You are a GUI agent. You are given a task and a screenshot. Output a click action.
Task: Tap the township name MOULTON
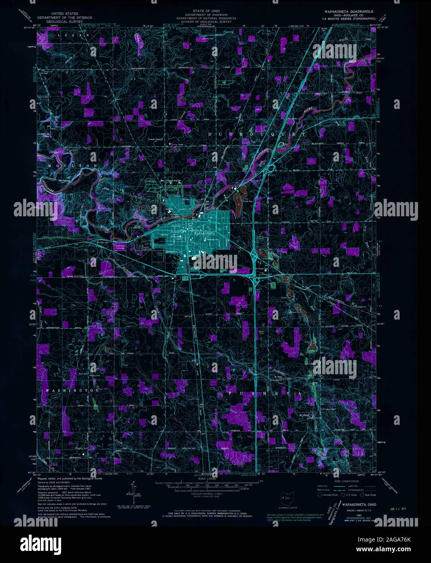pos(73,166)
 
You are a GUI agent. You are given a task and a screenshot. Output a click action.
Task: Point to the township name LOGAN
pos(73,35)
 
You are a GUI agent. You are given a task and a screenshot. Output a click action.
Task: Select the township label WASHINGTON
pos(73,390)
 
